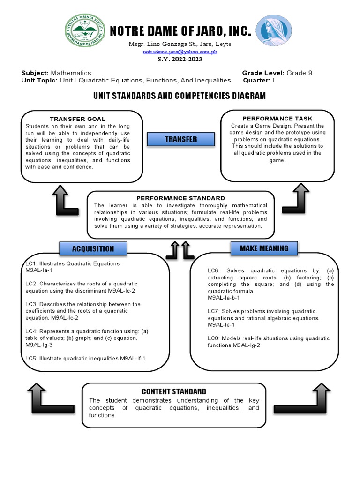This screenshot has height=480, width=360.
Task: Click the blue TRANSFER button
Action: pos(180,139)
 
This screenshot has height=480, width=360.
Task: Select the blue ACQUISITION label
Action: pos(93,248)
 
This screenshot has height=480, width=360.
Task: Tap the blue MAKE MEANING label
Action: pos(264,248)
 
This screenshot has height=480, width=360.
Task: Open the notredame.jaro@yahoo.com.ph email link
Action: pos(180,52)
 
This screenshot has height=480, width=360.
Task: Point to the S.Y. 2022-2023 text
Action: pos(180,60)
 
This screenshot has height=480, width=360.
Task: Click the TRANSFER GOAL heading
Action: pos(78,119)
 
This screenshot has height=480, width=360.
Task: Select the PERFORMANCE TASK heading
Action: pos(277,119)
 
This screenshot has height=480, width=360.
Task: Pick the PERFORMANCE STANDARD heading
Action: pos(180,198)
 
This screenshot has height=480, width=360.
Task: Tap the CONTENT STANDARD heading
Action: pos(174,391)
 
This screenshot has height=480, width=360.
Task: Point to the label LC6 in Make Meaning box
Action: pos(214,271)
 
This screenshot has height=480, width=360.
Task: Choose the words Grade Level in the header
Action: pos(263,73)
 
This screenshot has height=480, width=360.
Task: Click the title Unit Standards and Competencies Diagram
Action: pos(180,96)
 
